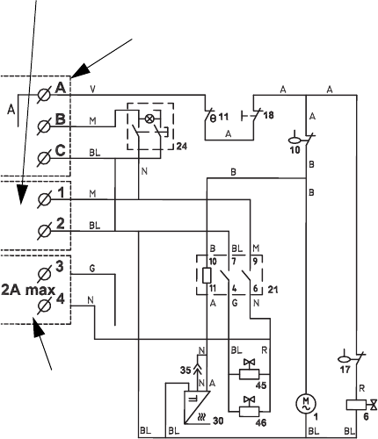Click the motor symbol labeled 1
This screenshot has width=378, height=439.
coord(306,404)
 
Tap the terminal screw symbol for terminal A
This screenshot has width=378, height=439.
coord(44,95)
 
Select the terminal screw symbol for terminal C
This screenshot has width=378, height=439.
coord(44,158)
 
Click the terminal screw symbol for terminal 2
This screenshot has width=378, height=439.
coord(44,231)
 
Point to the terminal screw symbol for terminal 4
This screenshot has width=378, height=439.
coord(44,306)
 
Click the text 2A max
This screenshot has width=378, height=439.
coord(28,290)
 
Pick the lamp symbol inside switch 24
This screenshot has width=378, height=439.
coord(149,119)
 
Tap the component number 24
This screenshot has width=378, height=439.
coord(182,146)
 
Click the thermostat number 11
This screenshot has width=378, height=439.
coord(223,118)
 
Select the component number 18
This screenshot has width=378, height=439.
coord(268,115)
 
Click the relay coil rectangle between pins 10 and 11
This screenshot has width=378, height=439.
coord(207,275)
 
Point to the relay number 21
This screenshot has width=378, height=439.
coord(273,290)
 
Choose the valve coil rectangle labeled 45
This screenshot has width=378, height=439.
coord(249,374)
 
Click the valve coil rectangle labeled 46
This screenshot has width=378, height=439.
coord(249,411)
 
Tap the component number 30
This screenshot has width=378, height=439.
coord(218,421)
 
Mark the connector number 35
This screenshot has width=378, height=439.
coord(185,371)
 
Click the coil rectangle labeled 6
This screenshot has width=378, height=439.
coord(356,405)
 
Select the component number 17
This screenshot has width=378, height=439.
coord(345,370)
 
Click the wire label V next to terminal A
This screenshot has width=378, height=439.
coord(92,90)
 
